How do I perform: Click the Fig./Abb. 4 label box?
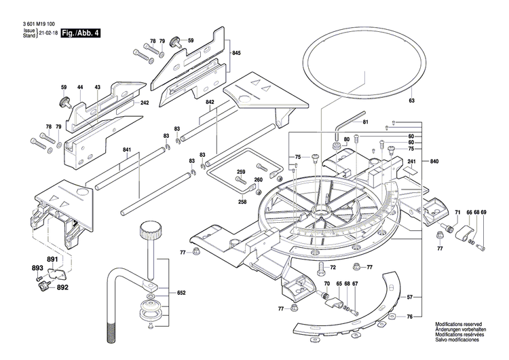click(79, 33)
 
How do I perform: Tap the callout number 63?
click(411, 101)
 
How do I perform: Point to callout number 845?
click(236, 53)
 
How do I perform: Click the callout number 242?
click(144, 103)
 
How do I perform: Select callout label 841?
click(127, 150)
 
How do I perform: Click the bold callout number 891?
click(52, 259)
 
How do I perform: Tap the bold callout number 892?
click(63, 287)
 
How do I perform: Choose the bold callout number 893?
click(37, 268)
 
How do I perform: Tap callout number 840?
click(434, 161)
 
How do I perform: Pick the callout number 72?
click(333, 268)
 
